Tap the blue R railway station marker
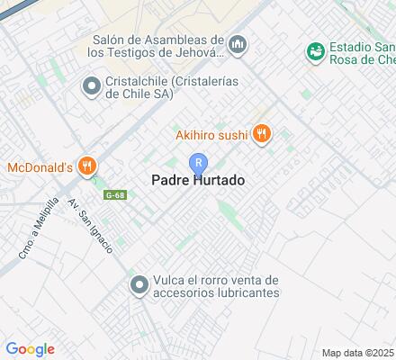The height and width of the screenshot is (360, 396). (198, 163)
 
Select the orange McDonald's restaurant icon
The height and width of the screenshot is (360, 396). (87, 166)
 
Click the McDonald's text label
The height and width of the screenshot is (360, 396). (40, 166)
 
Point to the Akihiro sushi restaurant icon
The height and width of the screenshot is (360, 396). (262, 134)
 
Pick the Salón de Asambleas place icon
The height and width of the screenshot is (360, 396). (238, 43)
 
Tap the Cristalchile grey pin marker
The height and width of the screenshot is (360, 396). (90, 87)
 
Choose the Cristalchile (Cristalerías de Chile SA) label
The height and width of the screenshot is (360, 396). (162, 87)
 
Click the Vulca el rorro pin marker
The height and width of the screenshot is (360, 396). (139, 286)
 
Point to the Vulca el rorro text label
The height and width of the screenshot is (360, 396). (217, 286)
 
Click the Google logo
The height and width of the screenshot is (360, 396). (30, 349)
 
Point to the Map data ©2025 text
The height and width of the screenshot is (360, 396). (358, 352)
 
